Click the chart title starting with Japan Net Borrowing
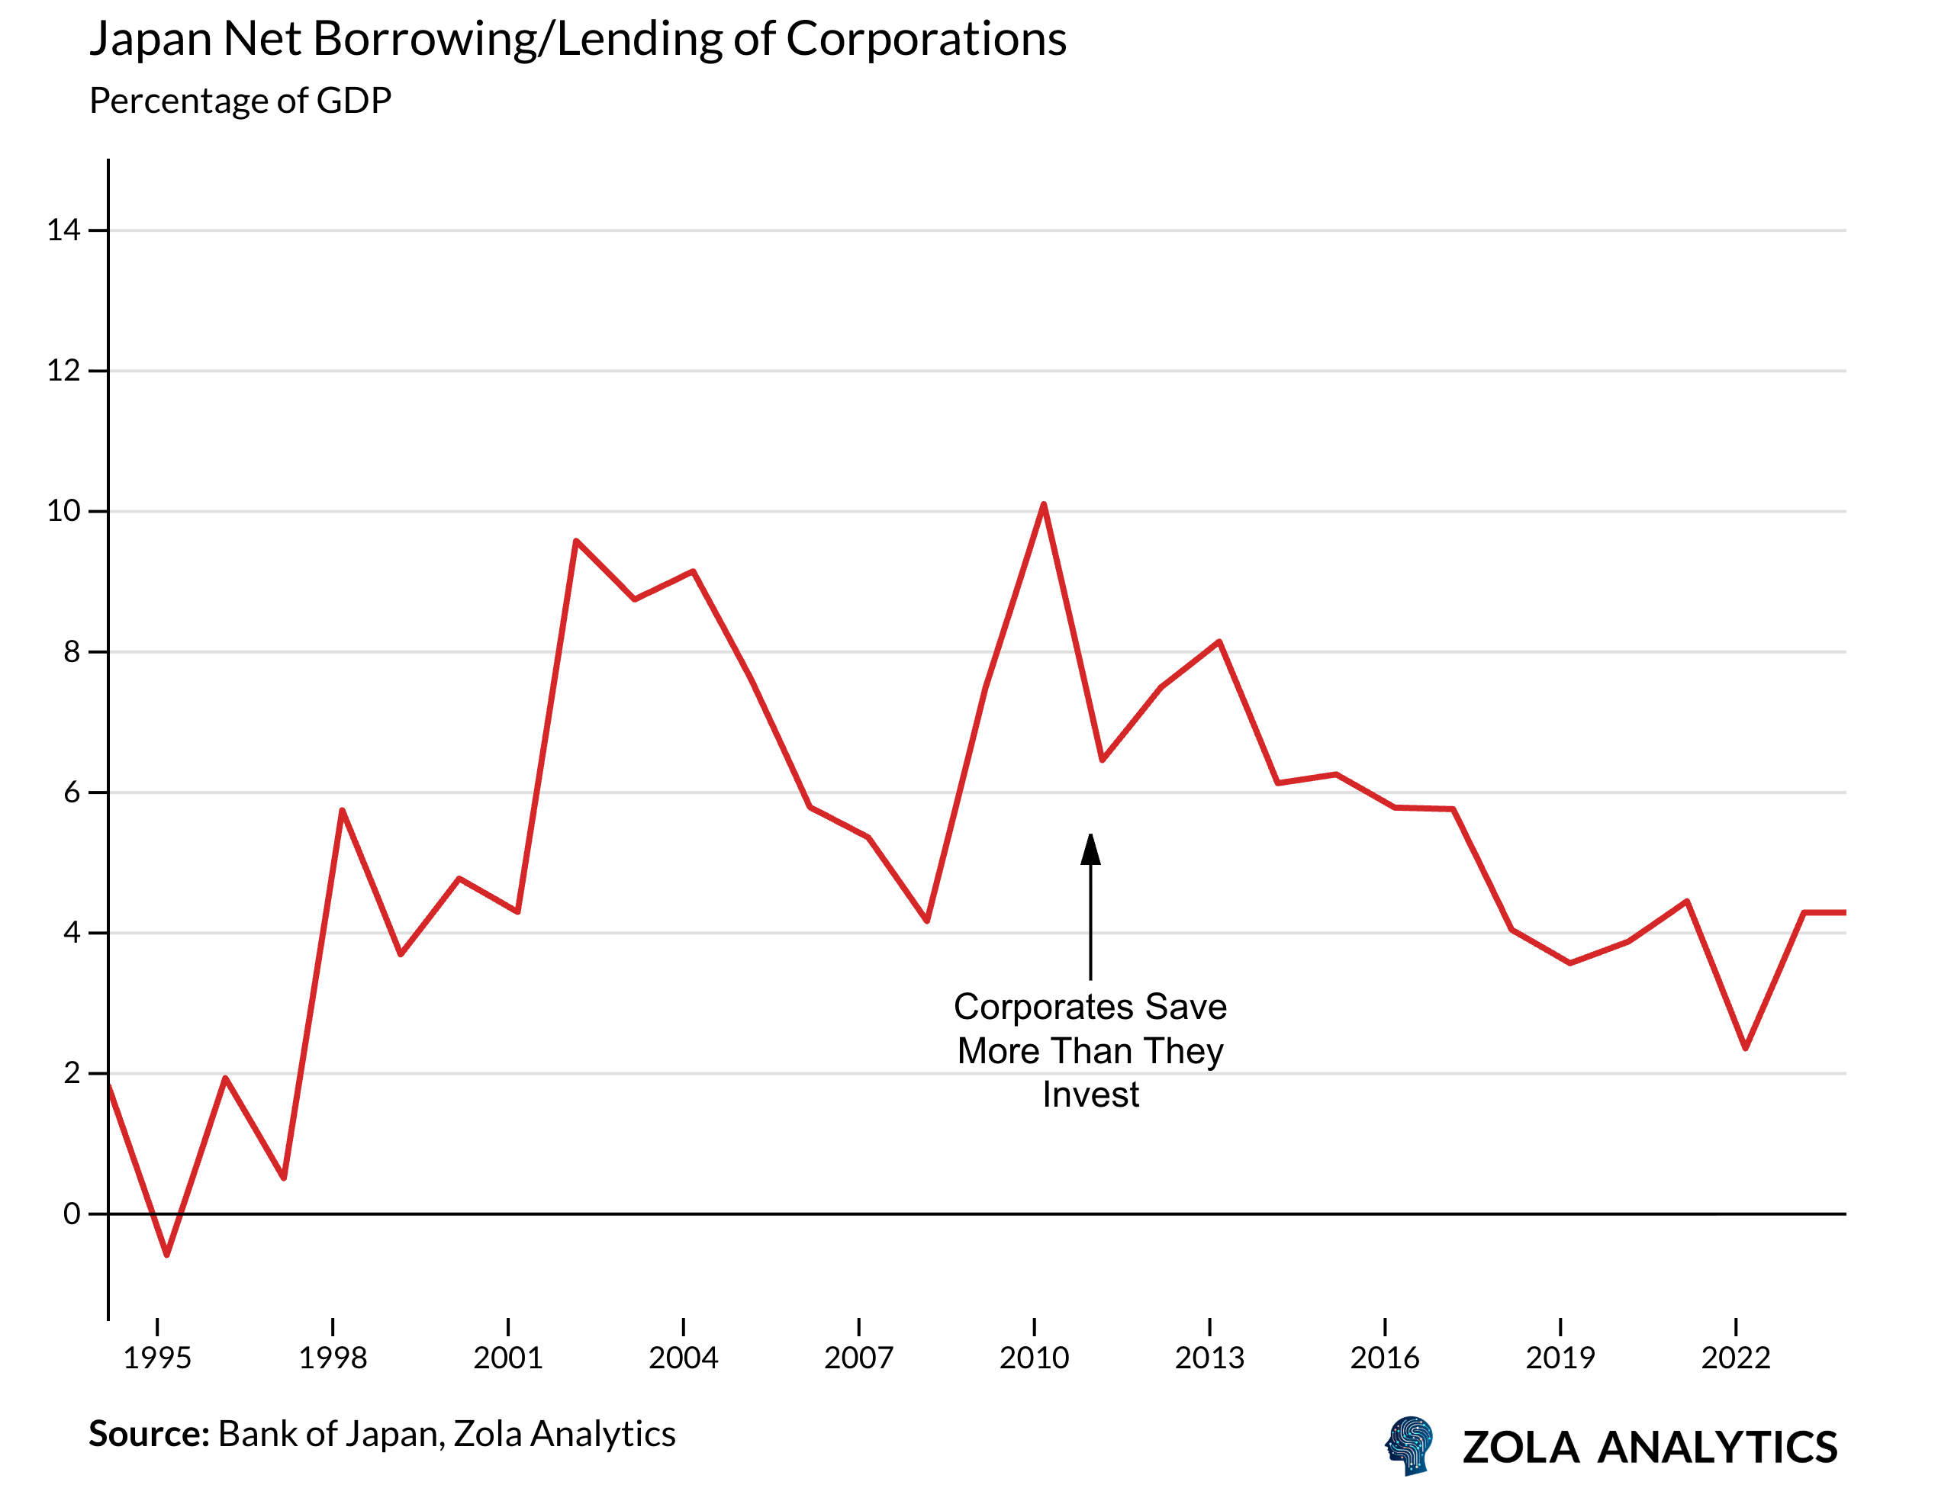[x=578, y=40]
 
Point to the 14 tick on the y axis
[x=64, y=230]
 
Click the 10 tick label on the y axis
[x=64, y=511]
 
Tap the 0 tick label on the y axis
[x=71, y=1213]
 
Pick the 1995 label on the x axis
[x=157, y=1358]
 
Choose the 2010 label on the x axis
[x=1034, y=1358]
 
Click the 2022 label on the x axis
[x=1735, y=1358]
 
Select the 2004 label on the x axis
[x=684, y=1358]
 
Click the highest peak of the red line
[x=1044, y=505]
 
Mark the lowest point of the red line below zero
[x=167, y=1255]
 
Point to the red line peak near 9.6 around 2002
[x=576, y=540]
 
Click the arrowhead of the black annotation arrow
[x=1090, y=849]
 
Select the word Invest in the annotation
[x=1090, y=1094]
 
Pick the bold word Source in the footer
[x=148, y=1435]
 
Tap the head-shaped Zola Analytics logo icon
[x=1409, y=1445]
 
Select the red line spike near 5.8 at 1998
[x=343, y=811]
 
